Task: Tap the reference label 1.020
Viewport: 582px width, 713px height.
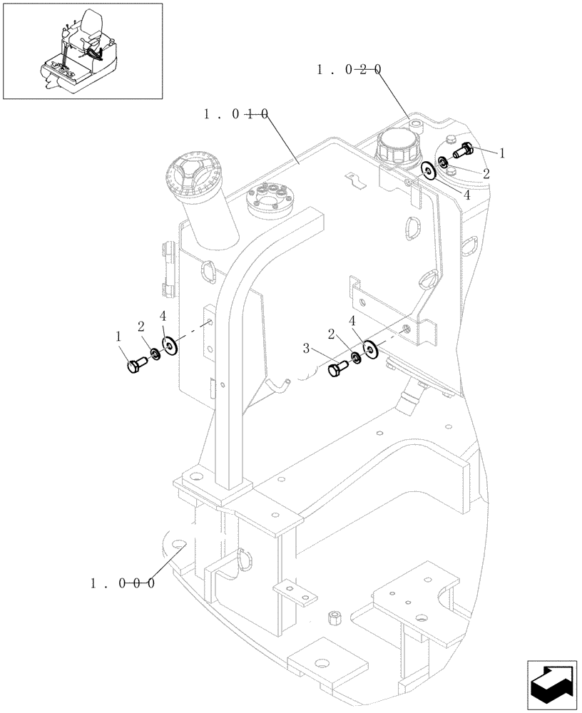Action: tap(349, 69)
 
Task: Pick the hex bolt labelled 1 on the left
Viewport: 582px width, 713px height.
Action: tap(136, 366)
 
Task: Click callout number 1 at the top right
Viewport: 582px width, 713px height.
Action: tap(501, 153)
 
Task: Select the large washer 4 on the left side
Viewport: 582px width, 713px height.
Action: tap(170, 345)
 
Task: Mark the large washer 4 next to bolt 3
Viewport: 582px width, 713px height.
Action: tap(369, 349)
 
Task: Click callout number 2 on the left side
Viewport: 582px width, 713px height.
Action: tap(141, 327)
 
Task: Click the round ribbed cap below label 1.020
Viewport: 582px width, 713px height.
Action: tap(394, 147)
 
